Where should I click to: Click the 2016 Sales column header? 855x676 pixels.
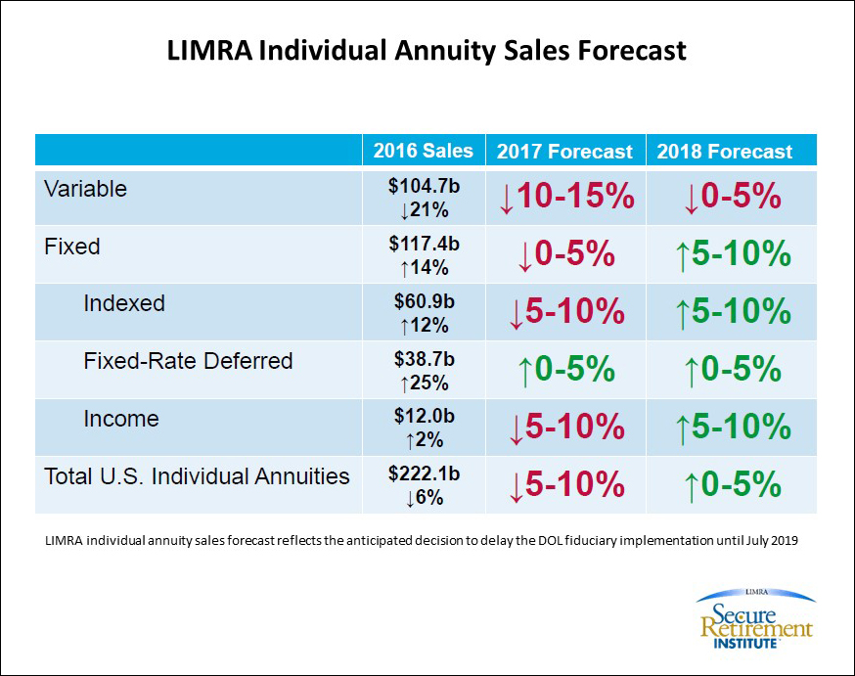pyautogui.click(x=423, y=151)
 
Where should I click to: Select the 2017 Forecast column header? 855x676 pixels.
pyautogui.click(x=564, y=152)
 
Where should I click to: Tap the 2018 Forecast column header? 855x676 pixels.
pyautogui.click(x=725, y=152)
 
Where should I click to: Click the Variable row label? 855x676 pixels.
pyautogui.click(x=85, y=189)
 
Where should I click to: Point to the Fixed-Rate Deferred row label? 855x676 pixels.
pyautogui.click(x=188, y=361)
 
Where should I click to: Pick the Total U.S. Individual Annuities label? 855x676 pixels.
pyautogui.click(x=197, y=476)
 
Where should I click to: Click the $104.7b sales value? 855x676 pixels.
pyautogui.click(x=424, y=188)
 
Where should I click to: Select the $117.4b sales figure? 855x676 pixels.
pyautogui.click(x=424, y=246)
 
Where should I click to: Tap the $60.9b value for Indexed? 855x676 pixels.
pyautogui.click(x=424, y=303)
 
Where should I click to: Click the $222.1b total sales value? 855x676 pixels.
pyautogui.click(x=424, y=476)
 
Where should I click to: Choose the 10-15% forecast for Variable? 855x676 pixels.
pyautogui.click(x=566, y=197)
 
